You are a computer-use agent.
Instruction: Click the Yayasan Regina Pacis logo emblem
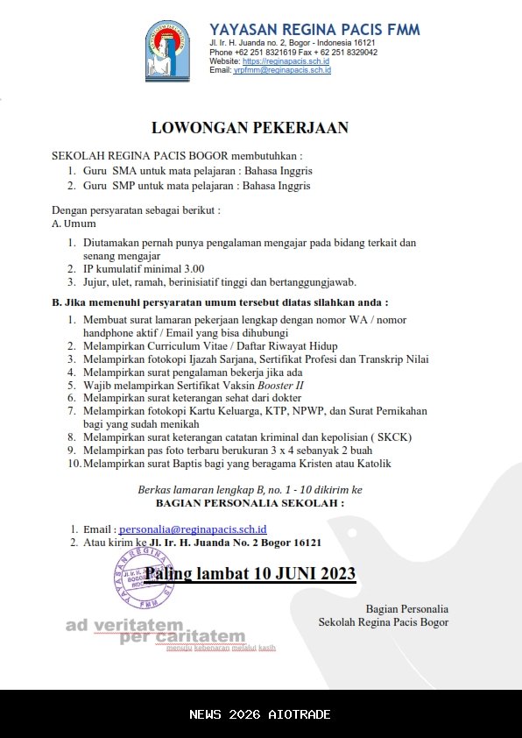[x=168, y=51]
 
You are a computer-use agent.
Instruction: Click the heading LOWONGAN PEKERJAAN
[x=250, y=128]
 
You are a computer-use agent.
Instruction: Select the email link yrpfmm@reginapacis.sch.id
[x=282, y=70]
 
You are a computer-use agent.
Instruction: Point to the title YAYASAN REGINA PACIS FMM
[x=314, y=30]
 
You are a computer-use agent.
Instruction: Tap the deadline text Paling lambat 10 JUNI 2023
[x=250, y=574]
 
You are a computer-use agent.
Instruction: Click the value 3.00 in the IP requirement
[x=191, y=268]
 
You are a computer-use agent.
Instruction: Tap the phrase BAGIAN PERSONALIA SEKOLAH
[x=249, y=504]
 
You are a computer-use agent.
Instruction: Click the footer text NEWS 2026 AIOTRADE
[x=260, y=714]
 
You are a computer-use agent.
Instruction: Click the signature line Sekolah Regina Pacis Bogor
[x=384, y=622]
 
